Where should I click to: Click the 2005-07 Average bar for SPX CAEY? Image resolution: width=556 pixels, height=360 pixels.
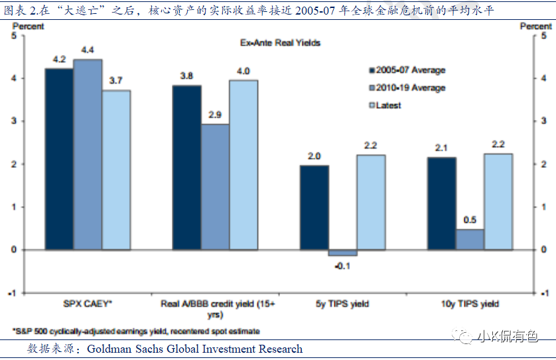click(x=59, y=159)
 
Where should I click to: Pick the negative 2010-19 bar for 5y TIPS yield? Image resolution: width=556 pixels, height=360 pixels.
click(x=342, y=253)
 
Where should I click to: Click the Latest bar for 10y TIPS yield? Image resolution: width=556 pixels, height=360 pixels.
click(x=498, y=202)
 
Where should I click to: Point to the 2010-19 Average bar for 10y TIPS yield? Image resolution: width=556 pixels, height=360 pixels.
click(x=470, y=239)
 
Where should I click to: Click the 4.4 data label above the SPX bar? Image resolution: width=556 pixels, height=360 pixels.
click(x=88, y=50)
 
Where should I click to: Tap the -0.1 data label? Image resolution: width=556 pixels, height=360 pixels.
click(x=342, y=266)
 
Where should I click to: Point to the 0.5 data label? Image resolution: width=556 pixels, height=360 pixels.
click(x=470, y=220)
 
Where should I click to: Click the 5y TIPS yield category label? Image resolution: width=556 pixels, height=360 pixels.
click(x=342, y=304)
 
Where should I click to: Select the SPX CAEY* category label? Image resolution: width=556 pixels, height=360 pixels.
click(x=88, y=304)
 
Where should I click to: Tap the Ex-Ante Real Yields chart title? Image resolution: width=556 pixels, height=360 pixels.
click(x=280, y=42)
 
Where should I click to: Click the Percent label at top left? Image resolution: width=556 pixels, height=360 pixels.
click(x=28, y=26)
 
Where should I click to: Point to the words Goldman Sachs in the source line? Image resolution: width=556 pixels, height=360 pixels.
click(x=125, y=349)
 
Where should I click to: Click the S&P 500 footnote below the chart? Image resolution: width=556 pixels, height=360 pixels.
click(x=136, y=331)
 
